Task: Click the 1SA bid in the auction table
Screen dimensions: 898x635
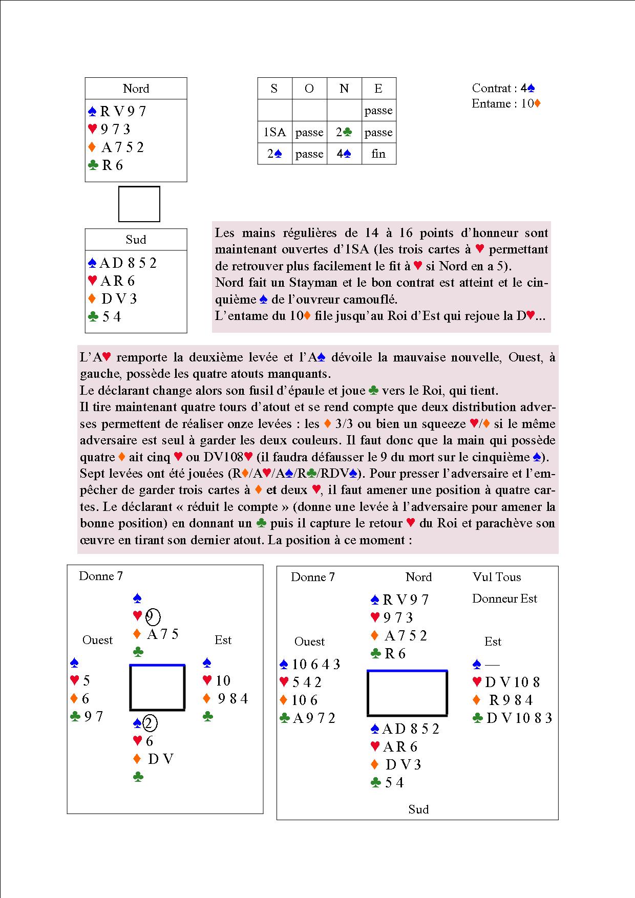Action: coord(274,132)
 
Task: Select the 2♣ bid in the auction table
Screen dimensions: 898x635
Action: coord(344,132)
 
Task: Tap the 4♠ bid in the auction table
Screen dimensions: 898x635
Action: coord(344,154)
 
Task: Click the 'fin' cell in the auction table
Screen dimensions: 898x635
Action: coord(378,154)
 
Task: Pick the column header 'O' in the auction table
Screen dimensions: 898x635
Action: coord(309,89)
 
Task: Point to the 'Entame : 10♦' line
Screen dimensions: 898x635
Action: coord(506,103)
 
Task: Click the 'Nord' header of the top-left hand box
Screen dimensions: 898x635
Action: coord(136,89)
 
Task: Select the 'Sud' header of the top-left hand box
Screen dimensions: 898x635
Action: coord(136,240)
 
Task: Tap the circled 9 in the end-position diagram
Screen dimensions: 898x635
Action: coord(153,617)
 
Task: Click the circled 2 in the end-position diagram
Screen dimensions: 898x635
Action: coord(150,723)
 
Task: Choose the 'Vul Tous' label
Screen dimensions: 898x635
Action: coord(497,577)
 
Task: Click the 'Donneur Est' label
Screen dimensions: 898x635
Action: coord(504,598)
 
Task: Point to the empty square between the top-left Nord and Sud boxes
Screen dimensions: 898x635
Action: coord(139,204)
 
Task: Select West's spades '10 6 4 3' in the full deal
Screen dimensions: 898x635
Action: coord(315,665)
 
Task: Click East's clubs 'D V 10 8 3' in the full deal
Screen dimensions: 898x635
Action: coord(519,718)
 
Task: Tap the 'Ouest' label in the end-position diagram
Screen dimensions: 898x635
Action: coord(97,640)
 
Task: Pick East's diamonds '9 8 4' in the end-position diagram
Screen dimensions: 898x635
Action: coord(232,698)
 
